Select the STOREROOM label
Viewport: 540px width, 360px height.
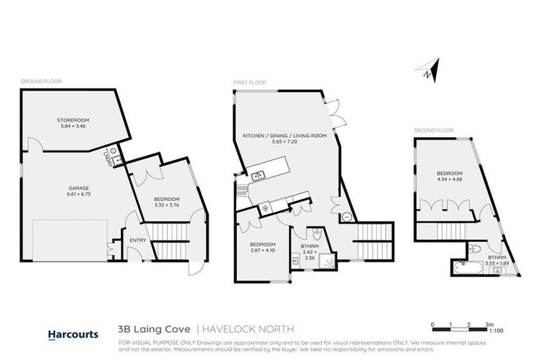click(x=73, y=120)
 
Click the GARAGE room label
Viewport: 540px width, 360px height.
click(x=77, y=188)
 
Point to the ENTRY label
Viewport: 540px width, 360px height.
click(x=137, y=241)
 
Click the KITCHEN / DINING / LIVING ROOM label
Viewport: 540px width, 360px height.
click(x=285, y=135)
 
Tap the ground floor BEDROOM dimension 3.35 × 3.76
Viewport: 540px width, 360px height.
click(x=167, y=206)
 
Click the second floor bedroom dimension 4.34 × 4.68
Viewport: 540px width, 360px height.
click(x=449, y=179)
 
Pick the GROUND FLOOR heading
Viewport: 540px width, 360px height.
click(x=41, y=82)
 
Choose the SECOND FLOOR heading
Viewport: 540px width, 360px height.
click(x=434, y=130)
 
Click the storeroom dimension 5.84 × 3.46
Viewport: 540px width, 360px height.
click(x=73, y=127)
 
